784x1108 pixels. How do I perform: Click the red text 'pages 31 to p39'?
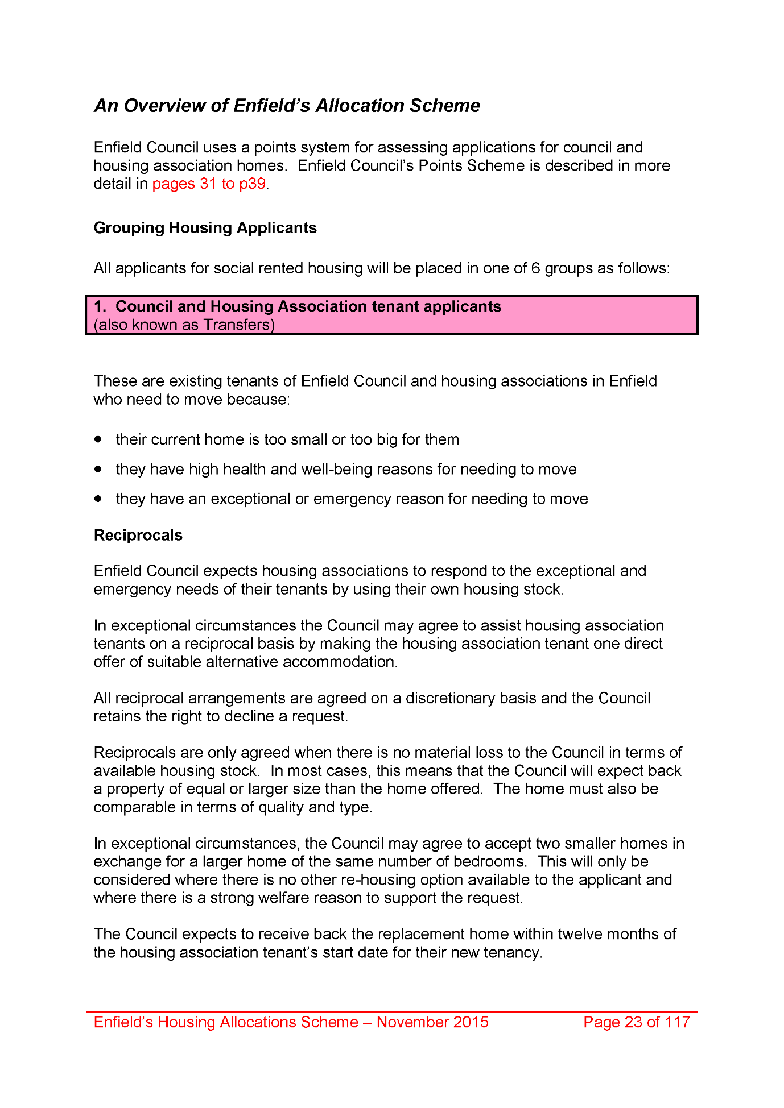point(209,184)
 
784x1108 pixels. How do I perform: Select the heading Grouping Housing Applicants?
point(205,228)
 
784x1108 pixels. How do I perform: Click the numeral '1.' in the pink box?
point(100,306)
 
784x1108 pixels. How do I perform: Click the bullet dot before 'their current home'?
point(98,439)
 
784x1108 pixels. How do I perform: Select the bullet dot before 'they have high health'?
point(98,469)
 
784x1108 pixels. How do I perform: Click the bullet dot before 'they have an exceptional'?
point(98,499)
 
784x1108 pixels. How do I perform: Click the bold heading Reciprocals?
point(138,536)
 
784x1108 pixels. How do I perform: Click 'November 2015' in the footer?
point(432,1022)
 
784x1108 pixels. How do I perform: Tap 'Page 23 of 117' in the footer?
point(636,1022)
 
